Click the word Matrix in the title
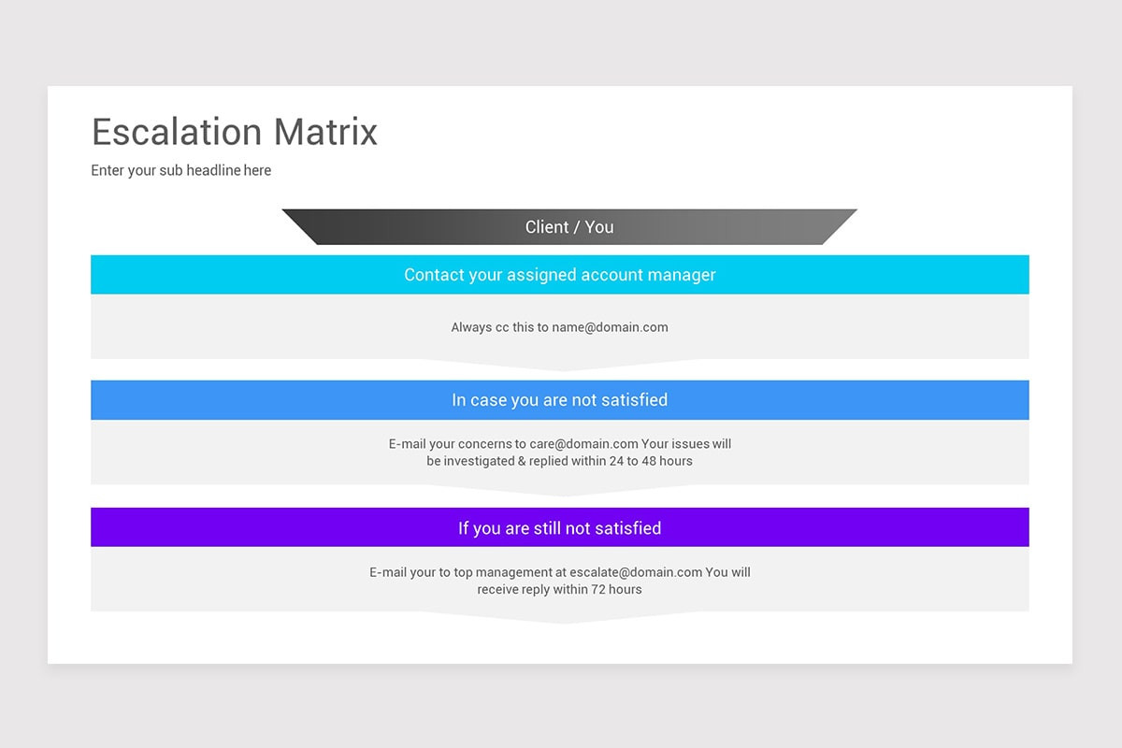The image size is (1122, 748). (325, 132)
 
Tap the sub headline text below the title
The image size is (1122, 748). (181, 170)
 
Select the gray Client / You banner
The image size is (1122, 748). (568, 227)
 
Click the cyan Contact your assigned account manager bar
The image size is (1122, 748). (559, 275)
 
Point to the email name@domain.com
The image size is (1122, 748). (610, 327)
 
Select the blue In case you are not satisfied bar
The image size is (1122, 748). (559, 400)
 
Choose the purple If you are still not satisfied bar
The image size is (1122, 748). (559, 528)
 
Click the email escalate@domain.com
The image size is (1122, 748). (636, 572)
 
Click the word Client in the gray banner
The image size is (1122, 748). (547, 227)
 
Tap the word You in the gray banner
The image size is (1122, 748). (599, 227)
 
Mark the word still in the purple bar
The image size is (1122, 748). (547, 528)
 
